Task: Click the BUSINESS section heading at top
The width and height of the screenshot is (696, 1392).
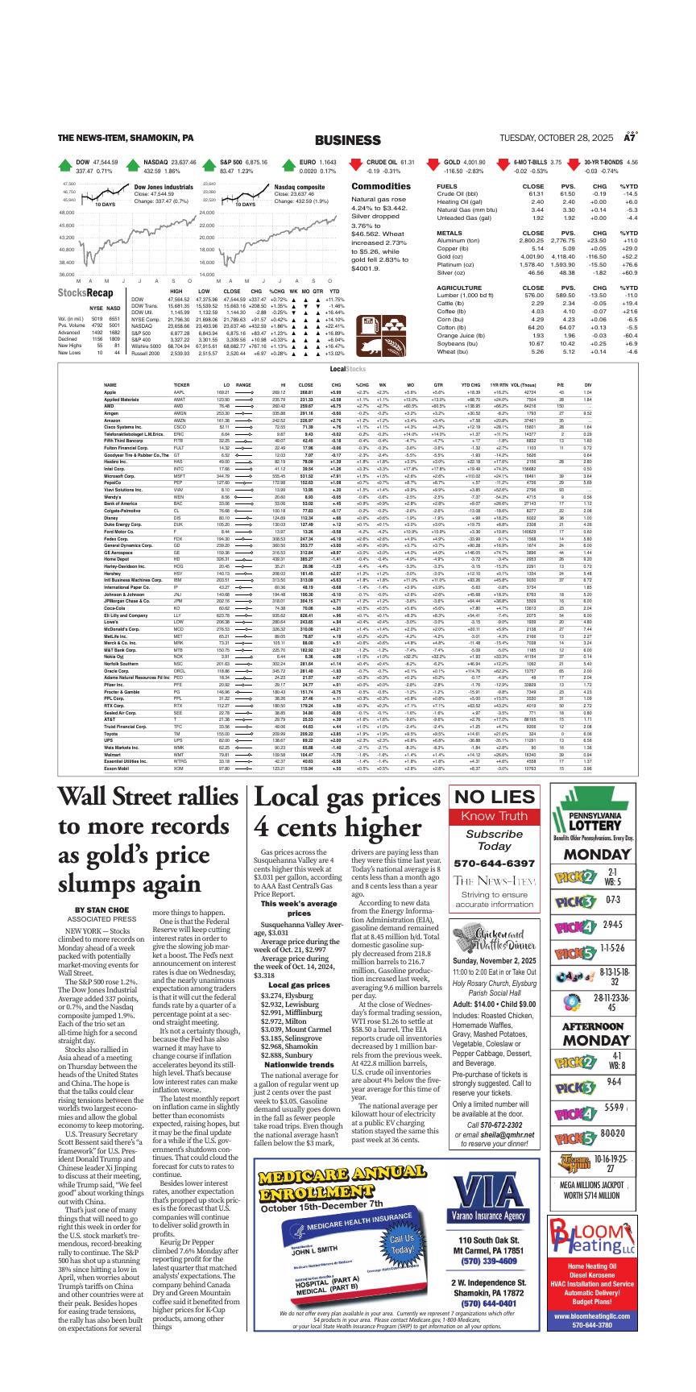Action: (x=347, y=140)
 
